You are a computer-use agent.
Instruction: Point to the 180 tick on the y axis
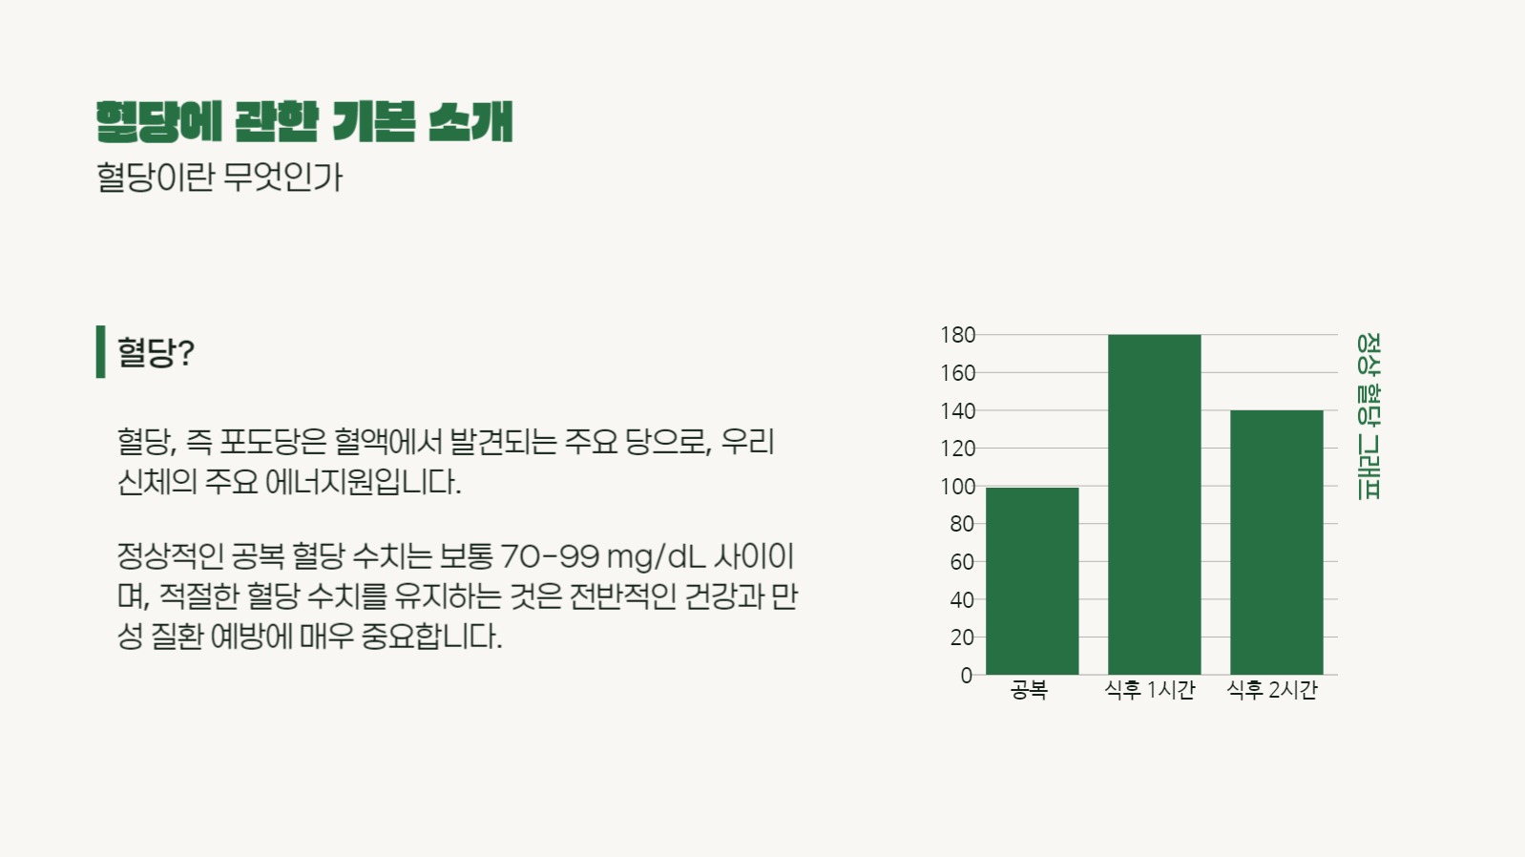(957, 335)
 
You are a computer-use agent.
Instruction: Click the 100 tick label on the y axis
(957, 487)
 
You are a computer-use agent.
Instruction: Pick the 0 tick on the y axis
(966, 676)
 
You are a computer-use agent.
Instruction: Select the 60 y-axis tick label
(961, 562)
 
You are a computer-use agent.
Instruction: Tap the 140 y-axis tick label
(957, 411)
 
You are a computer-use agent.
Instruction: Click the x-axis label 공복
(1029, 690)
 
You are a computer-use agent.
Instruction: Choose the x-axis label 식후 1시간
(1150, 690)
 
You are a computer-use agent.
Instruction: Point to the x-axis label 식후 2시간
(1272, 690)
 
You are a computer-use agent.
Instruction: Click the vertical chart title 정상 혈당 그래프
(1368, 416)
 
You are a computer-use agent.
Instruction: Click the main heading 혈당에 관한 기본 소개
(304, 122)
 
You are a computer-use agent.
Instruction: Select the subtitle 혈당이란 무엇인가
(219, 177)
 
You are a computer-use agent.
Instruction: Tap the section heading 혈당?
(156, 352)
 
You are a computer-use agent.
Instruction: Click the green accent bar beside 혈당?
(100, 351)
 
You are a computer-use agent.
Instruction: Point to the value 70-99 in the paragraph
(550, 555)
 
